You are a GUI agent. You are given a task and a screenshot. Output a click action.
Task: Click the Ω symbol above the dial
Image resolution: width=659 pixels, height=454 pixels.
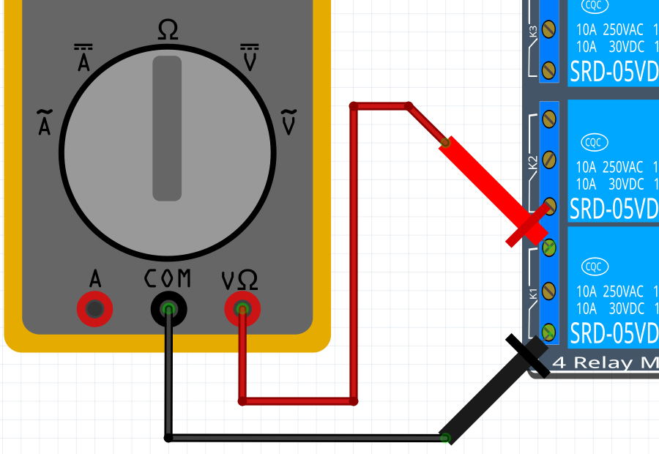click(x=168, y=30)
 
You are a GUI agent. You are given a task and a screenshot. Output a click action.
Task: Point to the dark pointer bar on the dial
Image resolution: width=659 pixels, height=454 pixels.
click(x=167, y=128)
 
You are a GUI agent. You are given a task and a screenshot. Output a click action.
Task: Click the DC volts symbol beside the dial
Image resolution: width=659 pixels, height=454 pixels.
click(x=250, y=58)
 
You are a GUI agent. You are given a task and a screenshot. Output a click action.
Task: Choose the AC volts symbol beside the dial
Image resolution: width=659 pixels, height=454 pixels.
click(x=289, y=122)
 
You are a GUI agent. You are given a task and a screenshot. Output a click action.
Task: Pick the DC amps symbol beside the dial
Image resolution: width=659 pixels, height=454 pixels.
click(x=83, y=58)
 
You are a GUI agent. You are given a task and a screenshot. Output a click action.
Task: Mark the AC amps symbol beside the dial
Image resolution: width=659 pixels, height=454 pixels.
click(x=45, y=122)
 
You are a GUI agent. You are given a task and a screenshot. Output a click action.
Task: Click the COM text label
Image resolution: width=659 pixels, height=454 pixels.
click(x=168, y=279)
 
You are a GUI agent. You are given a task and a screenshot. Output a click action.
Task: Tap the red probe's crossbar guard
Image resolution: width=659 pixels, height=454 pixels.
click(x=527, y=226)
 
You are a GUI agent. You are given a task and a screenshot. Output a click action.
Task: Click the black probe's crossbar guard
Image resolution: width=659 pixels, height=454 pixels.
click(x=528, y=357)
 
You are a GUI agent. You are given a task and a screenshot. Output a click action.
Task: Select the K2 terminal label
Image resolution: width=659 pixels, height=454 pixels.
click(x=533, y=162)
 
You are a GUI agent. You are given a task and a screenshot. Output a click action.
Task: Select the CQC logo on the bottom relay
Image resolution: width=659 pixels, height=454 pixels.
click(x=592, y=267)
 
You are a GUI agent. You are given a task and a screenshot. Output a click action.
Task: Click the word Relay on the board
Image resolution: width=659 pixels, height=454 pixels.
click(x=611, y=362)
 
